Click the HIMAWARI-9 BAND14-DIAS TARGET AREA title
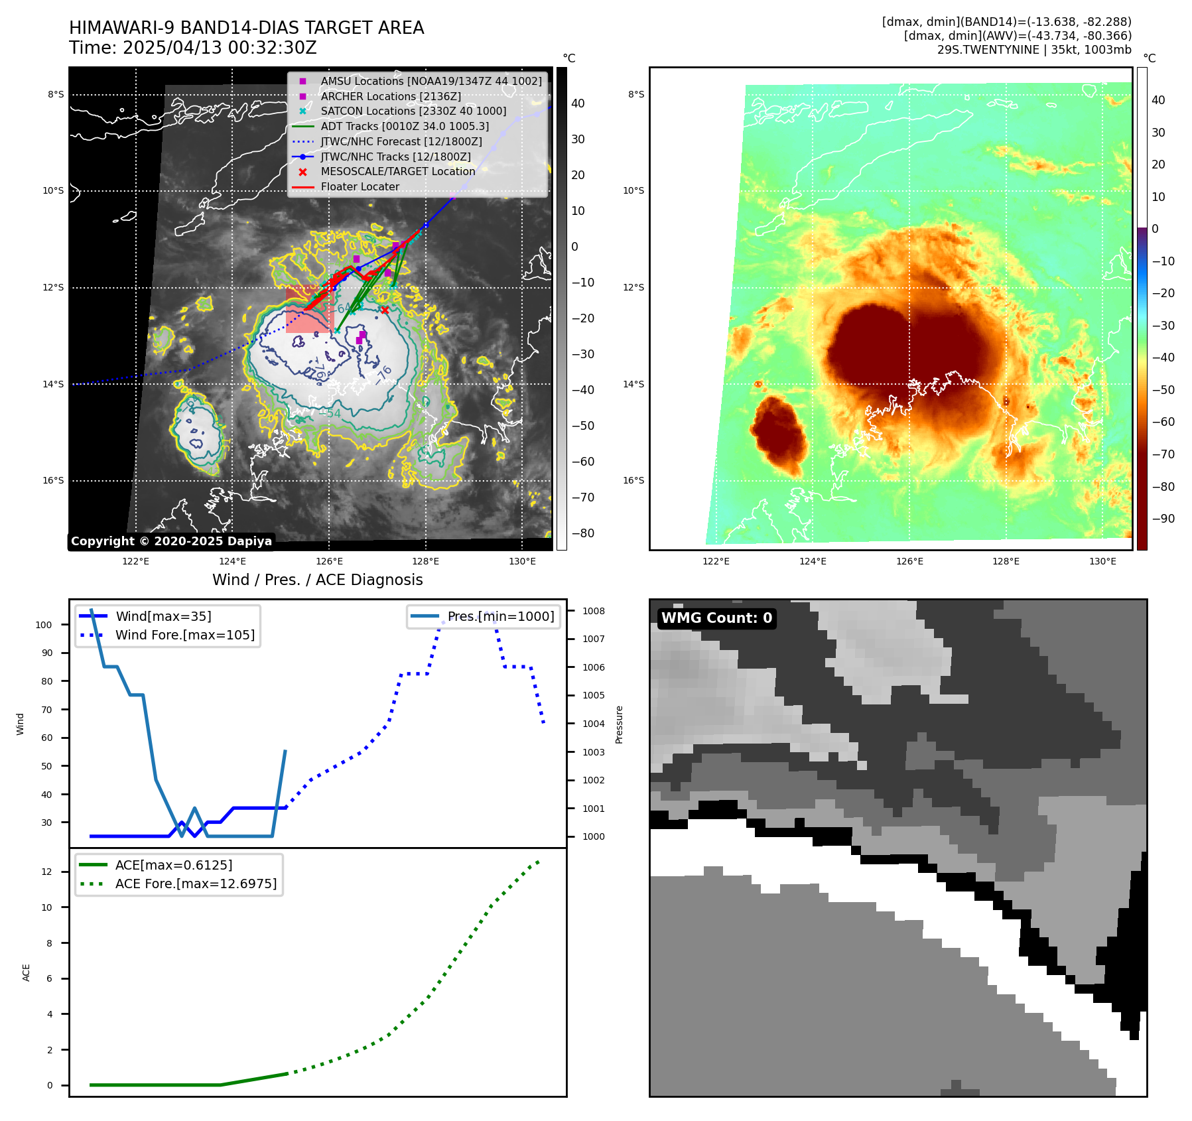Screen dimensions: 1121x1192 tap(246, 28)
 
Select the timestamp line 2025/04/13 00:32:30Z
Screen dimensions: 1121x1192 tap(193, 48)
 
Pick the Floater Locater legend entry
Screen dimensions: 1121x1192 tap(360, 187)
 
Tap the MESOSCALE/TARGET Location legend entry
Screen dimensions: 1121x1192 tap(397, 172)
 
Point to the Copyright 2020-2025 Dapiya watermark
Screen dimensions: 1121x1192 tap(171, 541)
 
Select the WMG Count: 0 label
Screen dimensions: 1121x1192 tap(716, 618)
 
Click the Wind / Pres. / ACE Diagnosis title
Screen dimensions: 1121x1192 tap(317, 580)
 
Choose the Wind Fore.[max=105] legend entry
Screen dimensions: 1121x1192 tap(184, 635)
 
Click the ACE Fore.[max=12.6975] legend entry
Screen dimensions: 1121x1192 tap(196, 884)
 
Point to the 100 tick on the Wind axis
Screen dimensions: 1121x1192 tap(44, 625)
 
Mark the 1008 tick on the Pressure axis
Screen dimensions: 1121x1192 tap(594, 611)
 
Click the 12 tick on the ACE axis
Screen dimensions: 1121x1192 tap(46, 872)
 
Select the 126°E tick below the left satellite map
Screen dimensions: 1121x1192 tap(329, 562)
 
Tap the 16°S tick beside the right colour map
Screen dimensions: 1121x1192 tap(633, 480)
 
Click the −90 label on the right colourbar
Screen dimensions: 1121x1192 tap(1163, 519)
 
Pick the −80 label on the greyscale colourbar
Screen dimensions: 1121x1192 tap(583, 533)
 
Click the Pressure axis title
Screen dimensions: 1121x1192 tap(619, 724)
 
